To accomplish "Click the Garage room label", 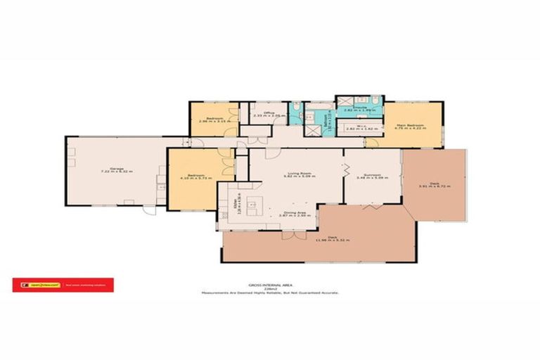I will (117, 167).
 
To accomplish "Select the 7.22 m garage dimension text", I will (117, 172).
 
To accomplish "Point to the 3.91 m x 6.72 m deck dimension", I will (433, 186).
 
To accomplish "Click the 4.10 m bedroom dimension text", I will (191, 180).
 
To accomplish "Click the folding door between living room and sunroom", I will (345, 169).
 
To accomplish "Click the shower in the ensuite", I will (308, 129).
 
